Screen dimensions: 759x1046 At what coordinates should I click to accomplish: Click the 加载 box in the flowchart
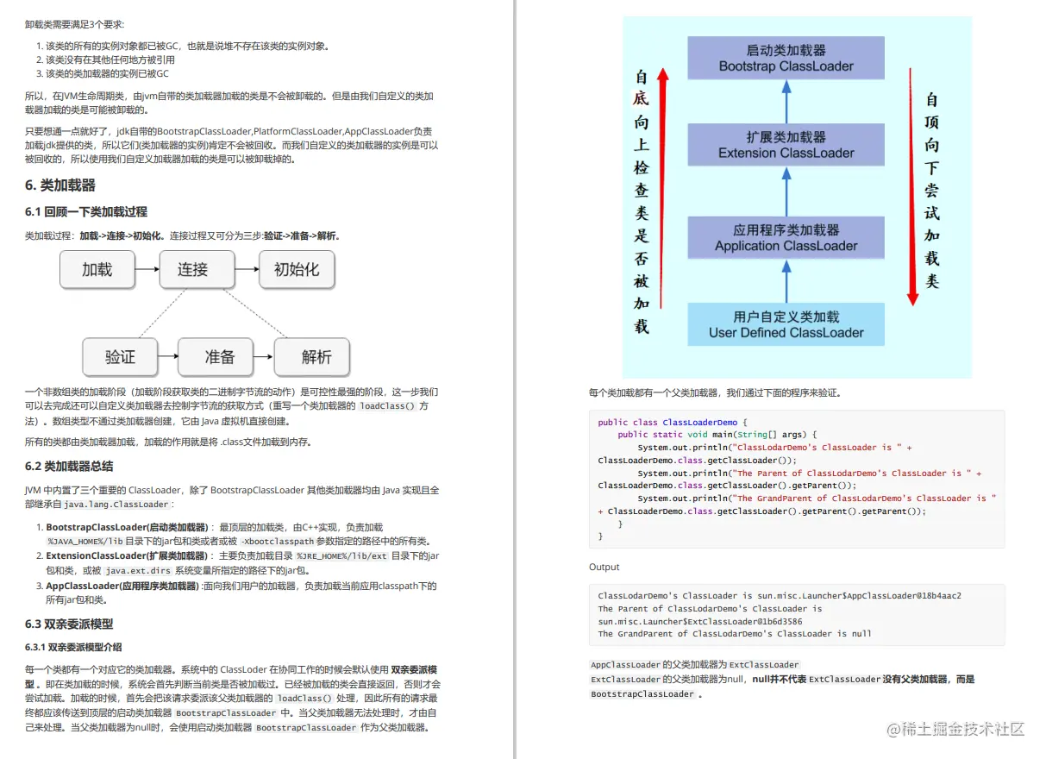(97, 270)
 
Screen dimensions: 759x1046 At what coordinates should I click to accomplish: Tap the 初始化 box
(297, 270)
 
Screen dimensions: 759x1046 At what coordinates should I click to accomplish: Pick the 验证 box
(121, 357)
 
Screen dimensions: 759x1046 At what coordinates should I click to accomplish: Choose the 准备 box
(220, 357)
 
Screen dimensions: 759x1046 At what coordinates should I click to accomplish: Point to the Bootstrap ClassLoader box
(786, 59)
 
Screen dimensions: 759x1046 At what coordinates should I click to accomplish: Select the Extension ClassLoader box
(786, 145)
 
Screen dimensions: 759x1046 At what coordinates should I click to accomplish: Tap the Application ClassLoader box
(786, 238)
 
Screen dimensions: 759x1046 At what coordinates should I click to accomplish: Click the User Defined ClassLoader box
(786, 324)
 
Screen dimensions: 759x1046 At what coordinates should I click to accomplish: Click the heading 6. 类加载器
(60, 185)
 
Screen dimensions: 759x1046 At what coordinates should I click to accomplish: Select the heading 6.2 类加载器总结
(69, 467)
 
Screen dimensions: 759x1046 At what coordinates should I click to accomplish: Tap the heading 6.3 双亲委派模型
(69, 624)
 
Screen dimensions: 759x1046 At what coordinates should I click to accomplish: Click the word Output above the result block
(604, 567)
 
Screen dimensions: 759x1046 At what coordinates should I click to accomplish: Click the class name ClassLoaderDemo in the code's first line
(699, 423)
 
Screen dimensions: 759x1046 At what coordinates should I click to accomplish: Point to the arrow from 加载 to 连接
(147, 270)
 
